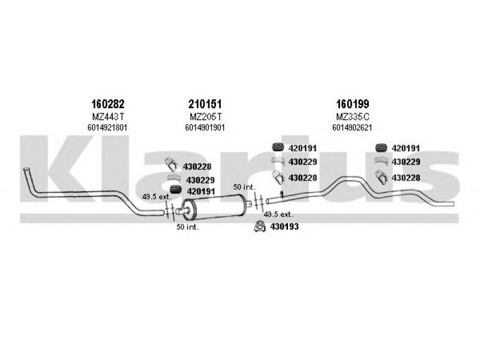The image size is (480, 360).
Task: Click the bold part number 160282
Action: (x=108, y=104)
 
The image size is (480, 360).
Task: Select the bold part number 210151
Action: (x=205, y=104)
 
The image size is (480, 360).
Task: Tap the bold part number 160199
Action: (x=353, y=104)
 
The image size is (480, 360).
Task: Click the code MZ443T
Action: (x=108, y=116)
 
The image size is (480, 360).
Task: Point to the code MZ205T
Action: (x=205, y=116)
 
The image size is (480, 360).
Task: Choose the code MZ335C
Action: (x=353, y=116)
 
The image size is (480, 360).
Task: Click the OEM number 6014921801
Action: (x=107, y=128)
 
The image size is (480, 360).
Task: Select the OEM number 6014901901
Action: (x=205, y=128)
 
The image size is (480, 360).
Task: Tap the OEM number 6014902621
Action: (x=352, y=128)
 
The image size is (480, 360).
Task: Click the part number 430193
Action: (x=284, y=227)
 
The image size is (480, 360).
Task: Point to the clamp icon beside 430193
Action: (x=260, y=227)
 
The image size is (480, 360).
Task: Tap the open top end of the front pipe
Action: (x=26, y=169)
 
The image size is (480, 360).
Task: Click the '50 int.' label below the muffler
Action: (x=187, y=227)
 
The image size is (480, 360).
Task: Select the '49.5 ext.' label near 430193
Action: (x=278, y=215)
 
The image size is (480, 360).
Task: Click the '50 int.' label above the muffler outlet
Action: (x=244, y=187)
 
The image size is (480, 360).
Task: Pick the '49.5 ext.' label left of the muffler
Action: (x=157, y=197)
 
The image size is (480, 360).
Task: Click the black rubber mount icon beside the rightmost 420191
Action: (x=381, y=148)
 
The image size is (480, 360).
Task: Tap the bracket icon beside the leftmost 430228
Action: (x=171, y=164)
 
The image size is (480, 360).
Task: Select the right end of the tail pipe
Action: (x=453, y=203)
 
